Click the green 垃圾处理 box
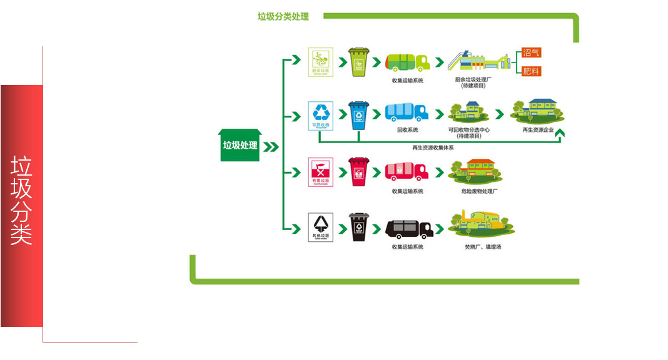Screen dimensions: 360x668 click(240, 146)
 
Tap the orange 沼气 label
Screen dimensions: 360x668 click(530, 54)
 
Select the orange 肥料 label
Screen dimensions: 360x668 click(530, 71)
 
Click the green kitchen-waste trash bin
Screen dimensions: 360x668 click(358, 62)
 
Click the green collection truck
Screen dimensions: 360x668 click(407, 62)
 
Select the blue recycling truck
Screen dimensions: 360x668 click(407, 112)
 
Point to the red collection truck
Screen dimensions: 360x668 click(407, 171)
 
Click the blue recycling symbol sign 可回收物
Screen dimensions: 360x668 click(321, 115)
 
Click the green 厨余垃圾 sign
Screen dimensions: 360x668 click(321, 62)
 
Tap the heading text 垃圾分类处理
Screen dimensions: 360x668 click(283, 17)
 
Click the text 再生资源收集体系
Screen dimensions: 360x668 click(433, 147)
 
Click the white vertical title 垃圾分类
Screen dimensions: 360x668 click(21, 200)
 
